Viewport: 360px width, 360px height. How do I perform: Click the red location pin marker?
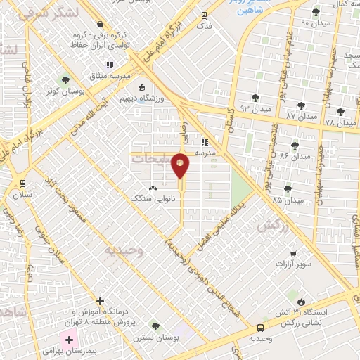tap(180, 165)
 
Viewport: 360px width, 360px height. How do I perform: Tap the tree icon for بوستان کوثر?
tap(66, 80)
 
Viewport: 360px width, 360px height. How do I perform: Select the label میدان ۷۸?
tap(340, 122)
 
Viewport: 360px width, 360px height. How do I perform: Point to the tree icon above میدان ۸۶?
tap(295, 146)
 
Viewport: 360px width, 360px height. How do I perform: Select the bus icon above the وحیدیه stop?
tap(261, 327)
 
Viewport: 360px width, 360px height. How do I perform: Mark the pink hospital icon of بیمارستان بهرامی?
tap(69, 340)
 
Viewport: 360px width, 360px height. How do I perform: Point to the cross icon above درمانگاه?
tap(100, 301)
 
